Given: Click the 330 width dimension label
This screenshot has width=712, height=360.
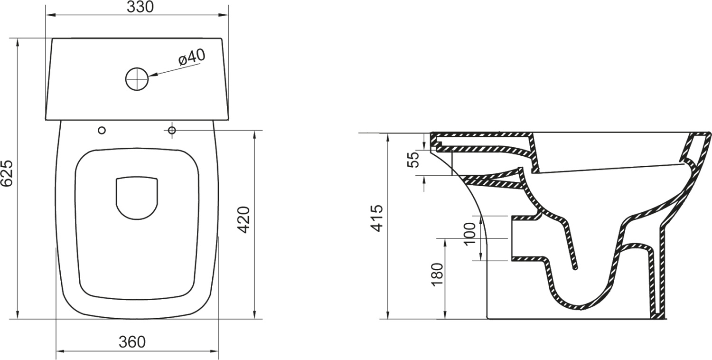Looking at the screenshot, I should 140,8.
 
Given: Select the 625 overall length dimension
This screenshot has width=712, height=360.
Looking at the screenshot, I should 8,175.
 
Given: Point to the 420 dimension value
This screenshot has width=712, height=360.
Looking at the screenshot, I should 244,219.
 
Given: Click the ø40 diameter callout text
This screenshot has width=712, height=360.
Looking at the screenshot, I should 192,58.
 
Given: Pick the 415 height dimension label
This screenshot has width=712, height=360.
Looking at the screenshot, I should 377,218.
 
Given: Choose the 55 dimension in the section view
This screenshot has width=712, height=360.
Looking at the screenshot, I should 414,160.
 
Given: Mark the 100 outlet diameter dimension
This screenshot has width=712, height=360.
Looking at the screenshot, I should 470,233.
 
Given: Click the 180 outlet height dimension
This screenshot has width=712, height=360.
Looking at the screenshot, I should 437,274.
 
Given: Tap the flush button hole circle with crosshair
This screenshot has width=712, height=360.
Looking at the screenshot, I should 137,79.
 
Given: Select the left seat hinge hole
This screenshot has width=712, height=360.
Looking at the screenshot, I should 102,130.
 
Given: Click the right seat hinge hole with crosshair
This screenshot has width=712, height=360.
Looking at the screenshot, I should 172,130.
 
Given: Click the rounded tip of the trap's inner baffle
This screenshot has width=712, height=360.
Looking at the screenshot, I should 576,268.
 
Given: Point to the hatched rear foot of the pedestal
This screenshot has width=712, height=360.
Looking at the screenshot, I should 658,314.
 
